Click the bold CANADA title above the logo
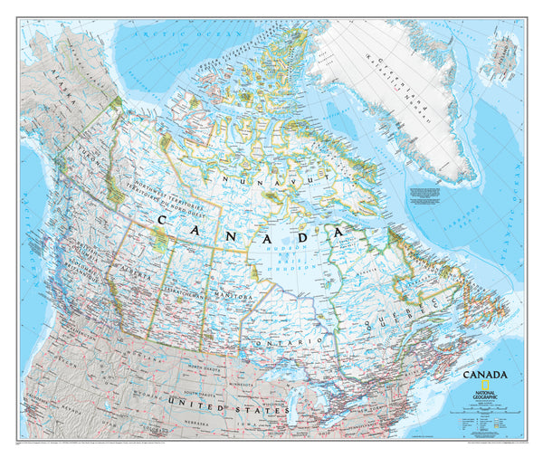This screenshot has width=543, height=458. tap(486, 374)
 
